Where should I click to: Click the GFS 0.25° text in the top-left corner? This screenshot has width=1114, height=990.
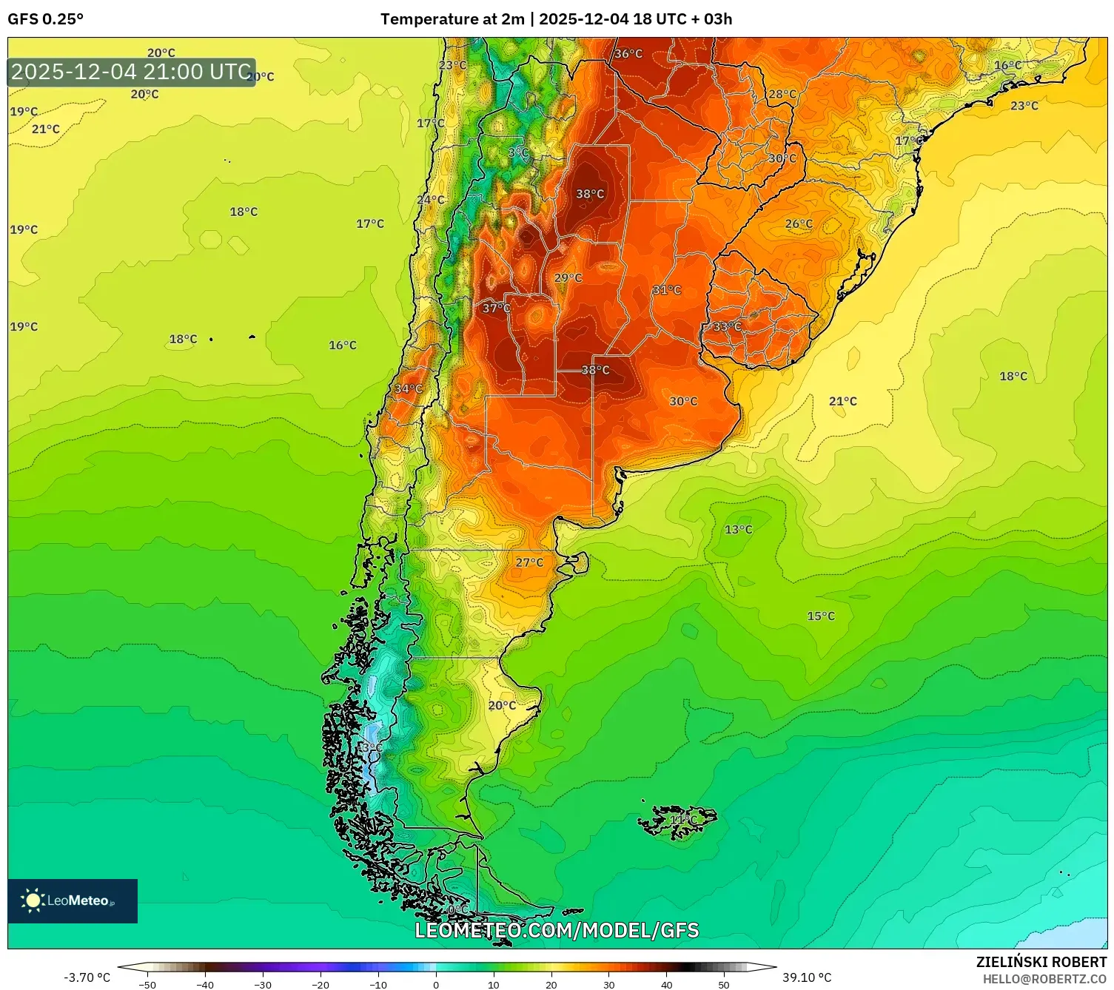pyautogui.click(x=45, y=19)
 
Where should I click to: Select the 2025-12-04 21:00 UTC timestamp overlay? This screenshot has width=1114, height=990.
pyautogui.click(x=131, y=72)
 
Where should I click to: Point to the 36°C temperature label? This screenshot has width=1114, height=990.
pyautogui.click(x=628, y=54)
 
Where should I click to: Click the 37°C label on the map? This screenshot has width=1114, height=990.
pyautogui.click(x=496, y=308)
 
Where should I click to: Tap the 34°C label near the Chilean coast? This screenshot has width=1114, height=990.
pyautogui.click(x=408, y=388)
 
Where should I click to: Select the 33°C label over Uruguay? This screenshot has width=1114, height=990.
pyautogui.click(x=726, y=326)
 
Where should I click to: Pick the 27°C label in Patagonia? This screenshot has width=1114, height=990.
pyautogui.click(x=529, y=562)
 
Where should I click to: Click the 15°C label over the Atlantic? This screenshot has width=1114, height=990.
pyautogui.click(x=820, y=616)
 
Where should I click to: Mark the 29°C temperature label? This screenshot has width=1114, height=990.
pyautogui.click(x=568, y=278)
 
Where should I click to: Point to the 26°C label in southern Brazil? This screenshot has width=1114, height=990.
pyautogui.click(x=798, y=223)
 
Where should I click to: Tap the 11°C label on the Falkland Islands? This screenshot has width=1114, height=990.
pyautogui.click(x=682, y=820)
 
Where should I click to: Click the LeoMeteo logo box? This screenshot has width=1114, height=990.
pyautogui.click(x=73, y=900)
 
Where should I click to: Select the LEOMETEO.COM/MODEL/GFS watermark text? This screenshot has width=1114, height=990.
pyautogui.click(x=557, y=930)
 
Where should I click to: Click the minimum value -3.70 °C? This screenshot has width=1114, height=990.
pyautogui.click(x=87, y=977)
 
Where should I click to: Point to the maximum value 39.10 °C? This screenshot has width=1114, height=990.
pyautogui.click(x=807, y=977)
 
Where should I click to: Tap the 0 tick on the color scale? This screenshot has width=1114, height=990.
pyautogui.click(x=435, y=984)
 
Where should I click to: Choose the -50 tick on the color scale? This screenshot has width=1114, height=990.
pyautogui.click(x=147, y=984)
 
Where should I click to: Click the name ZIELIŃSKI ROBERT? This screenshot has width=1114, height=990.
pyautogui.click(x=1041, y=962)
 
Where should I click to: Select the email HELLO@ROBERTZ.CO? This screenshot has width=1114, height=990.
pyautogui.click(x=1044, y=979)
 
